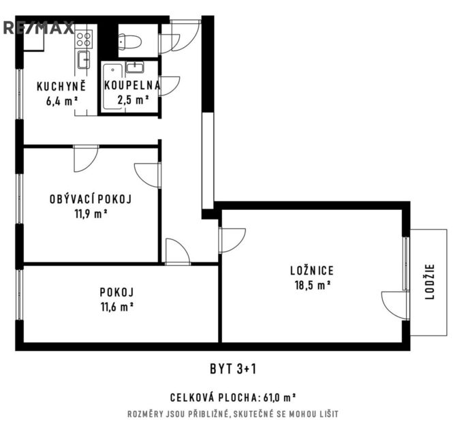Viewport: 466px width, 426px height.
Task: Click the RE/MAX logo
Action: tap(38, 28)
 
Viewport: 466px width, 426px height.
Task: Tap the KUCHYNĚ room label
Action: tap(61, 86)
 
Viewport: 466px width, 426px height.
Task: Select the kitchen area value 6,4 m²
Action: tap(62, 101)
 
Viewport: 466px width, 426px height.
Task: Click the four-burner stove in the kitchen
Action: tap(84, 40)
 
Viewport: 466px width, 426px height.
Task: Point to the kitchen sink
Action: tap(84, 59)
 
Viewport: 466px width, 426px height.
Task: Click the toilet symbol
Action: tap(129, 42)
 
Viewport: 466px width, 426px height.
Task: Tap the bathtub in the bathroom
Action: tap(112, 87)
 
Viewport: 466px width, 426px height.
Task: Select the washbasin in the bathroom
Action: tap(135, 67)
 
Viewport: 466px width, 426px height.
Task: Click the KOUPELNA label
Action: tap(132, 85)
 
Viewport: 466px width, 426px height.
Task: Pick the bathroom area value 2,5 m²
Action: tap(133, 100)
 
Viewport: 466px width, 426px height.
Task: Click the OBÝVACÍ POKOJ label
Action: tap(91, 199)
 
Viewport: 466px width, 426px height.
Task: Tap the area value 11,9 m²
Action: tap(91, 214)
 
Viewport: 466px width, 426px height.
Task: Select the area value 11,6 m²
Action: tap(117, 307)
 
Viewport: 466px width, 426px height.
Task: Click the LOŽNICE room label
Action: tap(312, 271)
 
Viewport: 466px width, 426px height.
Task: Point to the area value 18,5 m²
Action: tap(313, 286)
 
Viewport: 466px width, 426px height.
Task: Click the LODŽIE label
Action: tap(430, 282)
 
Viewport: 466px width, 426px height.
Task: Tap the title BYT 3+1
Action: tap(233, 369)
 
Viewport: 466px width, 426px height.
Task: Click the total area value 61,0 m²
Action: tap(279, 397)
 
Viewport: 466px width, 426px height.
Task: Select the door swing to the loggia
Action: tap(394, 305)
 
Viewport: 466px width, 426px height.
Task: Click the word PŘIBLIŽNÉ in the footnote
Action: tap(207, 414)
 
